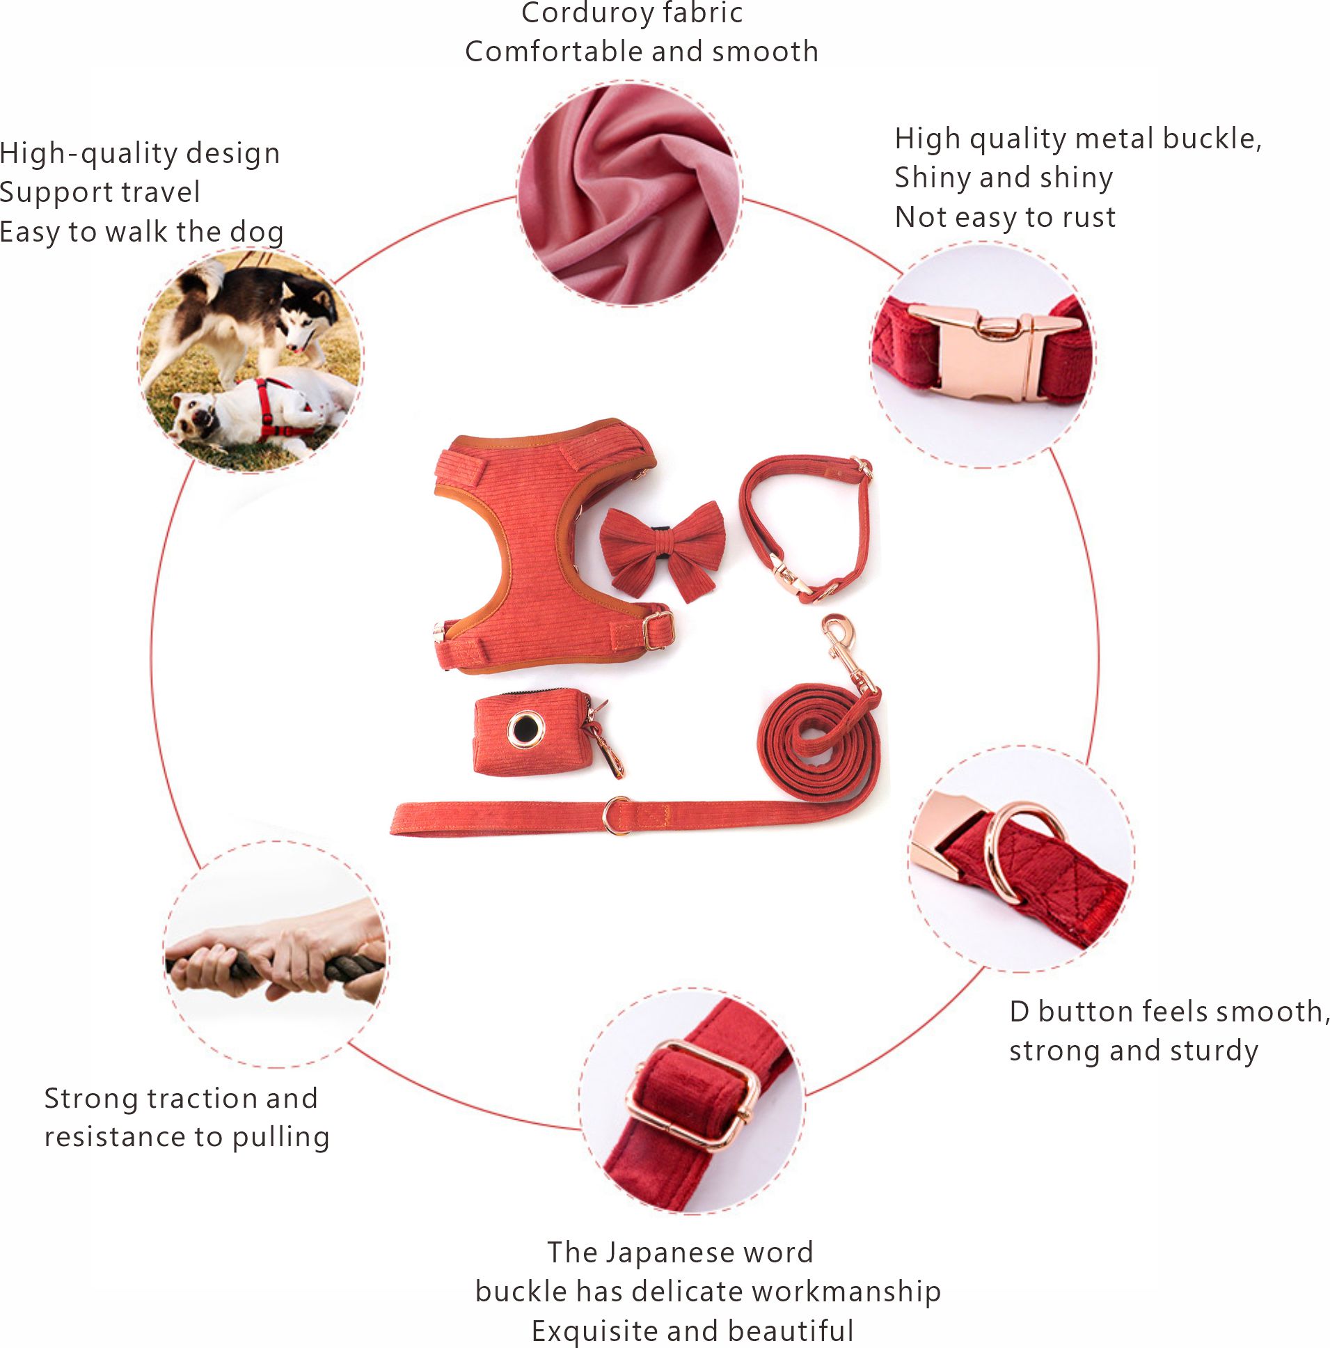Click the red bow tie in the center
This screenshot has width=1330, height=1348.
coord(662,549)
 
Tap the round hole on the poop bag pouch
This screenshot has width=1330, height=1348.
coord(525,729)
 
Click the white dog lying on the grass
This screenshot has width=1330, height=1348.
coord(258,412)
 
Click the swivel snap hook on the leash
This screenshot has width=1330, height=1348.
coord(841,642)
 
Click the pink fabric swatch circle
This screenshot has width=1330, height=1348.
coord(630,194)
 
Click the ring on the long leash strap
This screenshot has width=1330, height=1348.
coord(616,815)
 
